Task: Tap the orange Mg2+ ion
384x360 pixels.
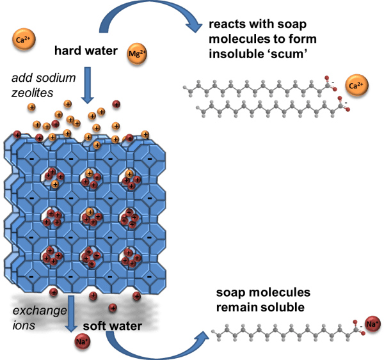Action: coord(137,53)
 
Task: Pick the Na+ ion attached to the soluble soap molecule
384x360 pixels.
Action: coord(371,324)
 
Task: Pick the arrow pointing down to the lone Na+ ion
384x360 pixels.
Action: coord(72,311)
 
